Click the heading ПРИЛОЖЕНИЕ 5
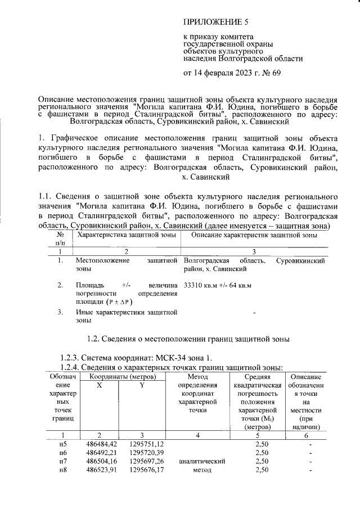pos(216,22)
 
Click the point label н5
pos(63,445)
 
